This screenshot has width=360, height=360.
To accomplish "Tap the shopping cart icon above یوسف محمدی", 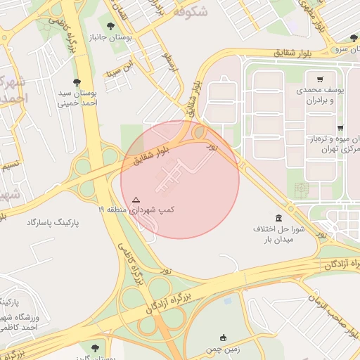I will point(321,79).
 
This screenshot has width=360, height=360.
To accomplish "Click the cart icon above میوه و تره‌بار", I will point(340,128).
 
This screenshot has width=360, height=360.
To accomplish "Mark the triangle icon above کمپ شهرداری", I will point(136,199).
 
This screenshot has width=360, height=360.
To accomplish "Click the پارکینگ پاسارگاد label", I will point(53,222).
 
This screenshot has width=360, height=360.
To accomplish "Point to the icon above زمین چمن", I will point(224,337).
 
